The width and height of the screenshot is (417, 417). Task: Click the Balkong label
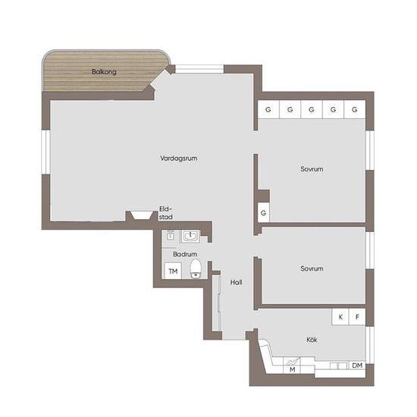104,72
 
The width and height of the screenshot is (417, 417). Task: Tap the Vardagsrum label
179,158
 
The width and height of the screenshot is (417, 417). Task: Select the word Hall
236,282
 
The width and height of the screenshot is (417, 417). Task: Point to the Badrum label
185,254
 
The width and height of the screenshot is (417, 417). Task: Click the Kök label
312,340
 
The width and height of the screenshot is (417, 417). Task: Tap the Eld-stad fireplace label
166,213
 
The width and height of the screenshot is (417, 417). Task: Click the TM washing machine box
173,271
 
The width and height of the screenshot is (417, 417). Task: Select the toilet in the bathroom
196,268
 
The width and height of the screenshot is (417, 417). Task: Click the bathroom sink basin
190,237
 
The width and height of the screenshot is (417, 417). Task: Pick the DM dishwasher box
357,365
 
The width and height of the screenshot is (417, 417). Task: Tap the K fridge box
340,317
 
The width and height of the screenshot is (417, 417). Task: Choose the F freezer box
357,317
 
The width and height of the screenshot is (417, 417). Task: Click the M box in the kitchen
292,365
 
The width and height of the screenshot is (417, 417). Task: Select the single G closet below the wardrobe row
263,213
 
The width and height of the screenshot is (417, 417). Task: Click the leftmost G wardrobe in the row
268,109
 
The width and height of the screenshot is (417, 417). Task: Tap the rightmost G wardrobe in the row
355,109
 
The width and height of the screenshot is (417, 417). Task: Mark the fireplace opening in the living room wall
141,215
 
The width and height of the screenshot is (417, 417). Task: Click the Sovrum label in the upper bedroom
312,169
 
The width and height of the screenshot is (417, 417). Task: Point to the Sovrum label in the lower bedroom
312,268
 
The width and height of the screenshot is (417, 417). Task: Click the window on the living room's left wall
45,152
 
